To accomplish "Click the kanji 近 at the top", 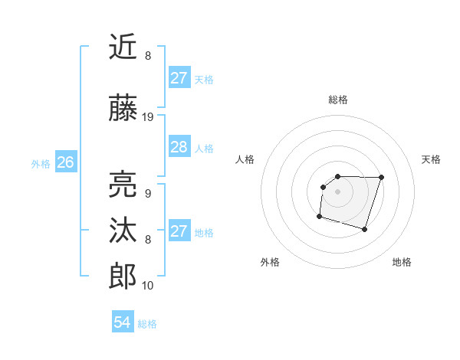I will (123, 47).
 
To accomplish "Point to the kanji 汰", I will (123, 230).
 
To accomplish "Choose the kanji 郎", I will (123, 276).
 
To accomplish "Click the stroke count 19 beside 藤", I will (148, 117).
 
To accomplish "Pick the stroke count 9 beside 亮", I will (147, 194).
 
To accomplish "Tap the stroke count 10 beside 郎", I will (148, 286).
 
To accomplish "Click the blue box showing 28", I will (179, 147).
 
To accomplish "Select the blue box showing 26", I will (65, 162).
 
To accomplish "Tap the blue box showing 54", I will (122, 322).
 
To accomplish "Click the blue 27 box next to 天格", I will (179, 78).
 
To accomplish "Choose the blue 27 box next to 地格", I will (179, 231).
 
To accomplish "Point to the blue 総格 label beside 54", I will (147, 324).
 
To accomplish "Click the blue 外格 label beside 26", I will (41, 164).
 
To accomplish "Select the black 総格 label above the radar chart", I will (337, 100).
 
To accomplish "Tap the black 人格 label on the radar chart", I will (245, 159).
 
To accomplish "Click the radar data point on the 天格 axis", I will (382, 177).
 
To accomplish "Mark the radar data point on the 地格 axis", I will (365, 229).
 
